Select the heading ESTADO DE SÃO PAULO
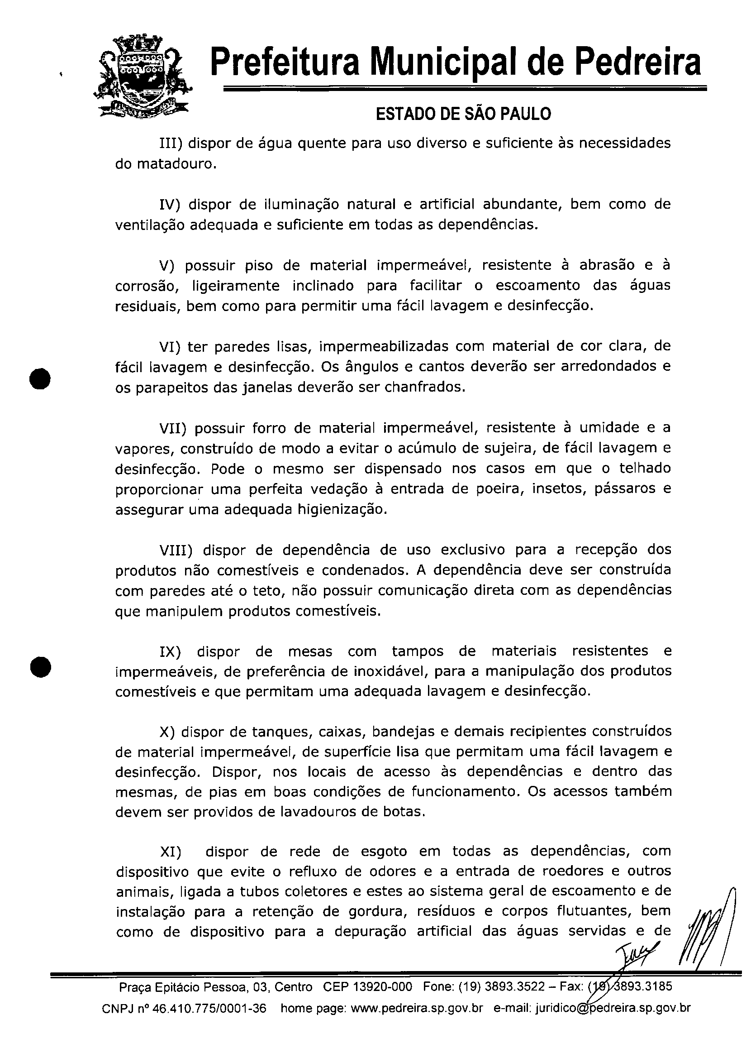click(x=463, y=114)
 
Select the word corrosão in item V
click(x=146, y=287)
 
